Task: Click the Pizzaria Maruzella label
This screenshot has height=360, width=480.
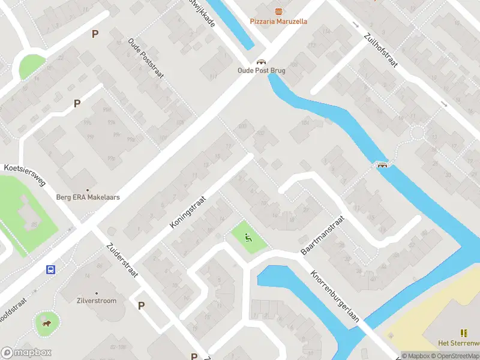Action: pyautogui.click(x=278, y=22)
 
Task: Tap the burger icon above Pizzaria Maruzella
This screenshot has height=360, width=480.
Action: pyautogui.click(x=278, y=11)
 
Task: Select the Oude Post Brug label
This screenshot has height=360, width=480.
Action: pyautogui.click(x=261, y=70)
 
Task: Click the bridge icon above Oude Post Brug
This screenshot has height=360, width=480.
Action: pyautogui.click(x=261, y=61)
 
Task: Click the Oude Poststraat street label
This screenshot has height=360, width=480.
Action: pyautogui.click(x=146, y=59)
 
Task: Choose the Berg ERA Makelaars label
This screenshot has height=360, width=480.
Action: pyautogui.click(x=88, y=197)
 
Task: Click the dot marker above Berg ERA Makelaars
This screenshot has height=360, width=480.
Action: pyautogui.click(x=88, y=189)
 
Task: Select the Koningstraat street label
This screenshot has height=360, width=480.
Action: pyautogui.click(x=188, y=211)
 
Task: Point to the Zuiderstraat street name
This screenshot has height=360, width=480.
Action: pyautogui.click(x=122, y=260)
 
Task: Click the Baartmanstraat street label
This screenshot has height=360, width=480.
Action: pyautogui.click(x=322, y=236)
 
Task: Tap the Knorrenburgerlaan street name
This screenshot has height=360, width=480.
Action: pyautogui.click(x=334, y=296)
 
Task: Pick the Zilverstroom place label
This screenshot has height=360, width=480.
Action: pyautogui.click(x=97, y=301)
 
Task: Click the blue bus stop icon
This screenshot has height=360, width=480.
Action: pyautogui.click(x=51, y=269)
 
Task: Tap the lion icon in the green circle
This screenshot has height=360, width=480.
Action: pyautogui.click(x=46, y=325)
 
